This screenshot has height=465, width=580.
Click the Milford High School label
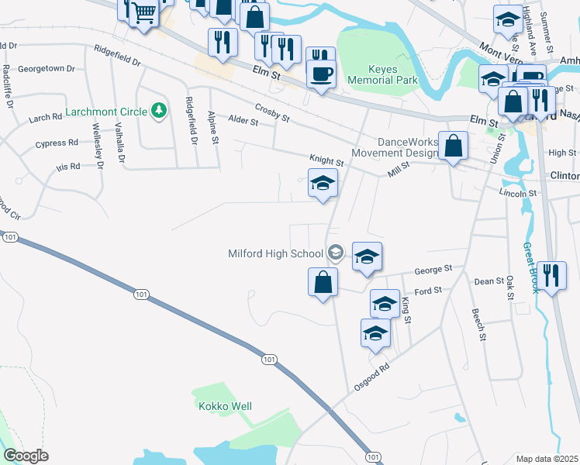[275, 253]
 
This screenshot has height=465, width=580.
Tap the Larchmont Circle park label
[106, 112]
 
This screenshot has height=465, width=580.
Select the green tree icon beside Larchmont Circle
[159, 111]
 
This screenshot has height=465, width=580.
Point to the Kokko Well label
[224, 406]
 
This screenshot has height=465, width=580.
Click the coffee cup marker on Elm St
[321, 73]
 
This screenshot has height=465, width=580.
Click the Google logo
[26, 456]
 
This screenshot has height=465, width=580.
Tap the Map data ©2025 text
[547, 459]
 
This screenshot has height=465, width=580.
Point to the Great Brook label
[530, 268]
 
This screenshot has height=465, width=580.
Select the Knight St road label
[326, 160]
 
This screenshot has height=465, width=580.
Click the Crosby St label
[271, 112]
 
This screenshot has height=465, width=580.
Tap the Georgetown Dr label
[46, 68]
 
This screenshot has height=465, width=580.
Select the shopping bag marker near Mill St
[453, 146]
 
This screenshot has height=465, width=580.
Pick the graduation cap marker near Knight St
[323, 184]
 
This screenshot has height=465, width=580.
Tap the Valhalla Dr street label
[120, 143]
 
